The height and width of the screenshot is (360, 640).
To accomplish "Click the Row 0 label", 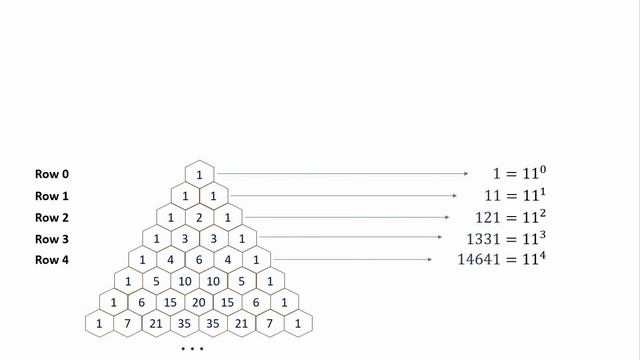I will point(52,174).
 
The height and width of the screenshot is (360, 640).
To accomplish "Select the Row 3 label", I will point(52,238).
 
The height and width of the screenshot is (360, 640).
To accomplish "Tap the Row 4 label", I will point(52,260).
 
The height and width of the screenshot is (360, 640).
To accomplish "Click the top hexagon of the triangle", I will point(199,174).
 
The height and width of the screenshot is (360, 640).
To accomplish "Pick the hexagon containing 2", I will point(199,217).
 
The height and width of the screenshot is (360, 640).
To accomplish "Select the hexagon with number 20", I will point(199,302).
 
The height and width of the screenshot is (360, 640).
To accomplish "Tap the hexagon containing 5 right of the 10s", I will point(241,281).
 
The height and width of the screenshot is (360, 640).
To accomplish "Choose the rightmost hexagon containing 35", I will point(213,323).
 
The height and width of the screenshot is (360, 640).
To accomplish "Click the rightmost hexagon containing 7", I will point(270,323).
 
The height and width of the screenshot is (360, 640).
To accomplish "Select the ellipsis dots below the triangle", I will point(192,349).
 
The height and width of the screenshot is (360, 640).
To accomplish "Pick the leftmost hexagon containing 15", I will point(171,302).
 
